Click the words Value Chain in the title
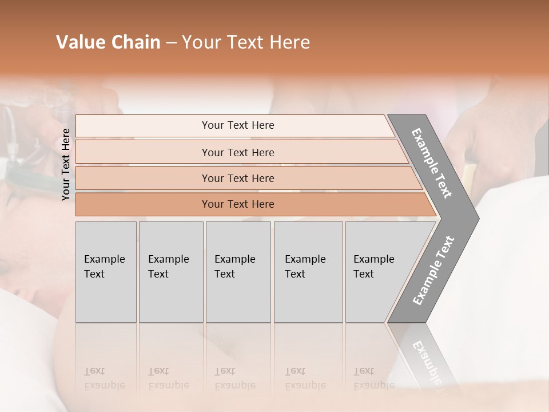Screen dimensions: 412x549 (x=108, y=42)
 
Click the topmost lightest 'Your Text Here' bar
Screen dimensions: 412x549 (x=237, y=125)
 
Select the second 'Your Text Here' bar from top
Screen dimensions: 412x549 (x=237, y=152)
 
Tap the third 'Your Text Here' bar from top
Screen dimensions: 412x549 (x=237, y=178)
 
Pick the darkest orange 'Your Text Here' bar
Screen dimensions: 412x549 (x=237, y=204)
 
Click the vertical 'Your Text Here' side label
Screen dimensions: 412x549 (x=66, y=164)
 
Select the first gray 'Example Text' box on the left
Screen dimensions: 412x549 (x=106, y=271)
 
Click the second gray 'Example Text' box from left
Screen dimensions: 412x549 (x=171, y=271)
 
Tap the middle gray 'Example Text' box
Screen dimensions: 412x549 (x=238, y=271)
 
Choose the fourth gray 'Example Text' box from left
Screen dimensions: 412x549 (x=308, y=271)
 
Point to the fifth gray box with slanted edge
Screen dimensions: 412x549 (x=377, y=271)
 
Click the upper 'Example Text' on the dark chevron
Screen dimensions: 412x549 (x=432, y=164)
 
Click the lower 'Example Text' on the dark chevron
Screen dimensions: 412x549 (x=433, y=270)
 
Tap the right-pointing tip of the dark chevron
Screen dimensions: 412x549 (x=475, y=218)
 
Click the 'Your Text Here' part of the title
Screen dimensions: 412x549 (x=246, y=42)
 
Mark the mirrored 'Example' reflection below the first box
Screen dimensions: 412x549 (x=105, y=385)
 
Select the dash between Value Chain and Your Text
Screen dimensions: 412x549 (x=171, y=43)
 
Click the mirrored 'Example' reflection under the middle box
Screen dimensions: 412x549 (x=235, y=385)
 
